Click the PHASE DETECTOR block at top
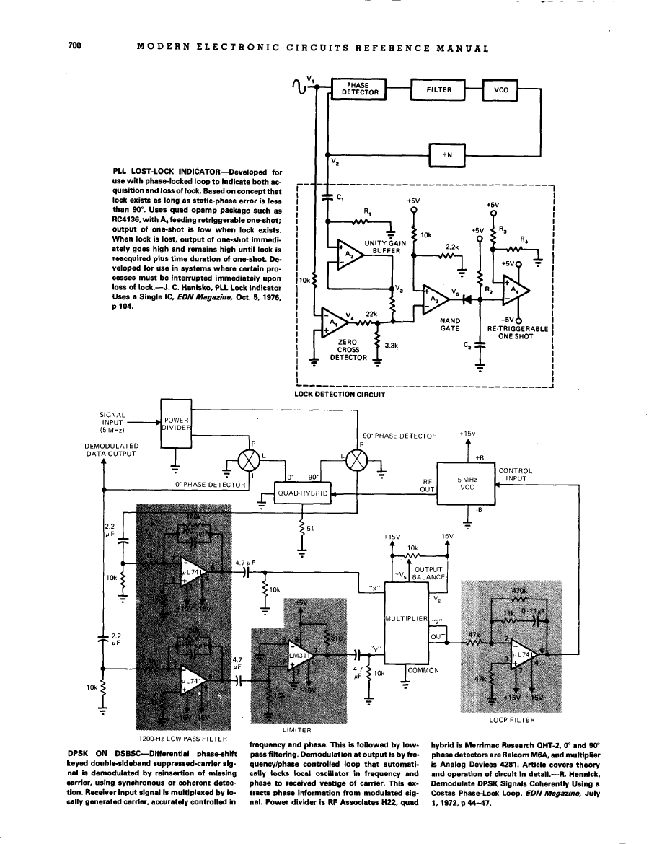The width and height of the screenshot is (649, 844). pos(358,89)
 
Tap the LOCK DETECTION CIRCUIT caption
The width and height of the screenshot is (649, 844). pos(340,395)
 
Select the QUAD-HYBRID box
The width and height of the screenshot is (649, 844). pos(304,493)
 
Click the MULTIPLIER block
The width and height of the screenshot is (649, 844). pos(407,619)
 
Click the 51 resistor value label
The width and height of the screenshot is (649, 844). pos(311,529)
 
